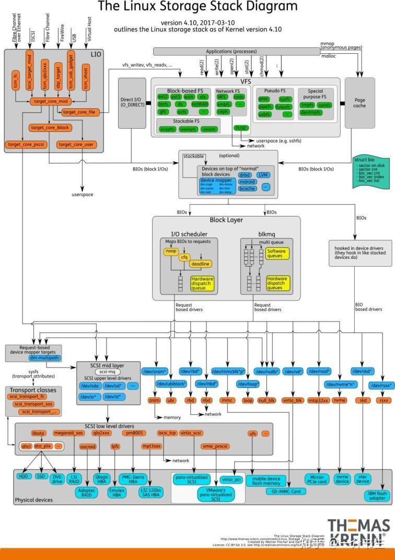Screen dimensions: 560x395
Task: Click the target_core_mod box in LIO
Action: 48,101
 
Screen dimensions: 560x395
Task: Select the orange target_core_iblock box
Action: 50,127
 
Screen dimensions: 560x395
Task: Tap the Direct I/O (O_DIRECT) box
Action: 132,103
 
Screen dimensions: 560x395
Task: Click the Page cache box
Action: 359,103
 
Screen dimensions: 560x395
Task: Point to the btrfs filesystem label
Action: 164,104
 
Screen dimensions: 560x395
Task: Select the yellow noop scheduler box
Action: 171,252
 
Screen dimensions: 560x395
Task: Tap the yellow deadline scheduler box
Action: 201,264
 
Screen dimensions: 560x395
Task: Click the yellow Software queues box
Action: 276,254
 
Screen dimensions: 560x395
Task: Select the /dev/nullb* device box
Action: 268,371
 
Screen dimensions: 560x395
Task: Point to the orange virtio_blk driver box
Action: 293,400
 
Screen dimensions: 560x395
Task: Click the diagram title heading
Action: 197,7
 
